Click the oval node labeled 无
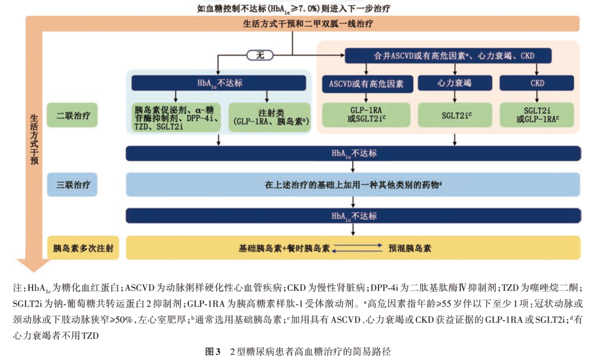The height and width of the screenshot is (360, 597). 260,55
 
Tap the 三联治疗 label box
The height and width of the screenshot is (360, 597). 73,185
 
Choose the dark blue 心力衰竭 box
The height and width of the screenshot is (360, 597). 454,83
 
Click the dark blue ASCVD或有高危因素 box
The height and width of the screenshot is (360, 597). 367,83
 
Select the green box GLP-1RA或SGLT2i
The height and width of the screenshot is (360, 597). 367,115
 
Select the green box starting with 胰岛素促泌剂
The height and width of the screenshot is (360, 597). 175,115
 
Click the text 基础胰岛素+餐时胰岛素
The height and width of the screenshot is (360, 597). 284,248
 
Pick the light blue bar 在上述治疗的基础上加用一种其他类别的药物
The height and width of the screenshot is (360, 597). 353,185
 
